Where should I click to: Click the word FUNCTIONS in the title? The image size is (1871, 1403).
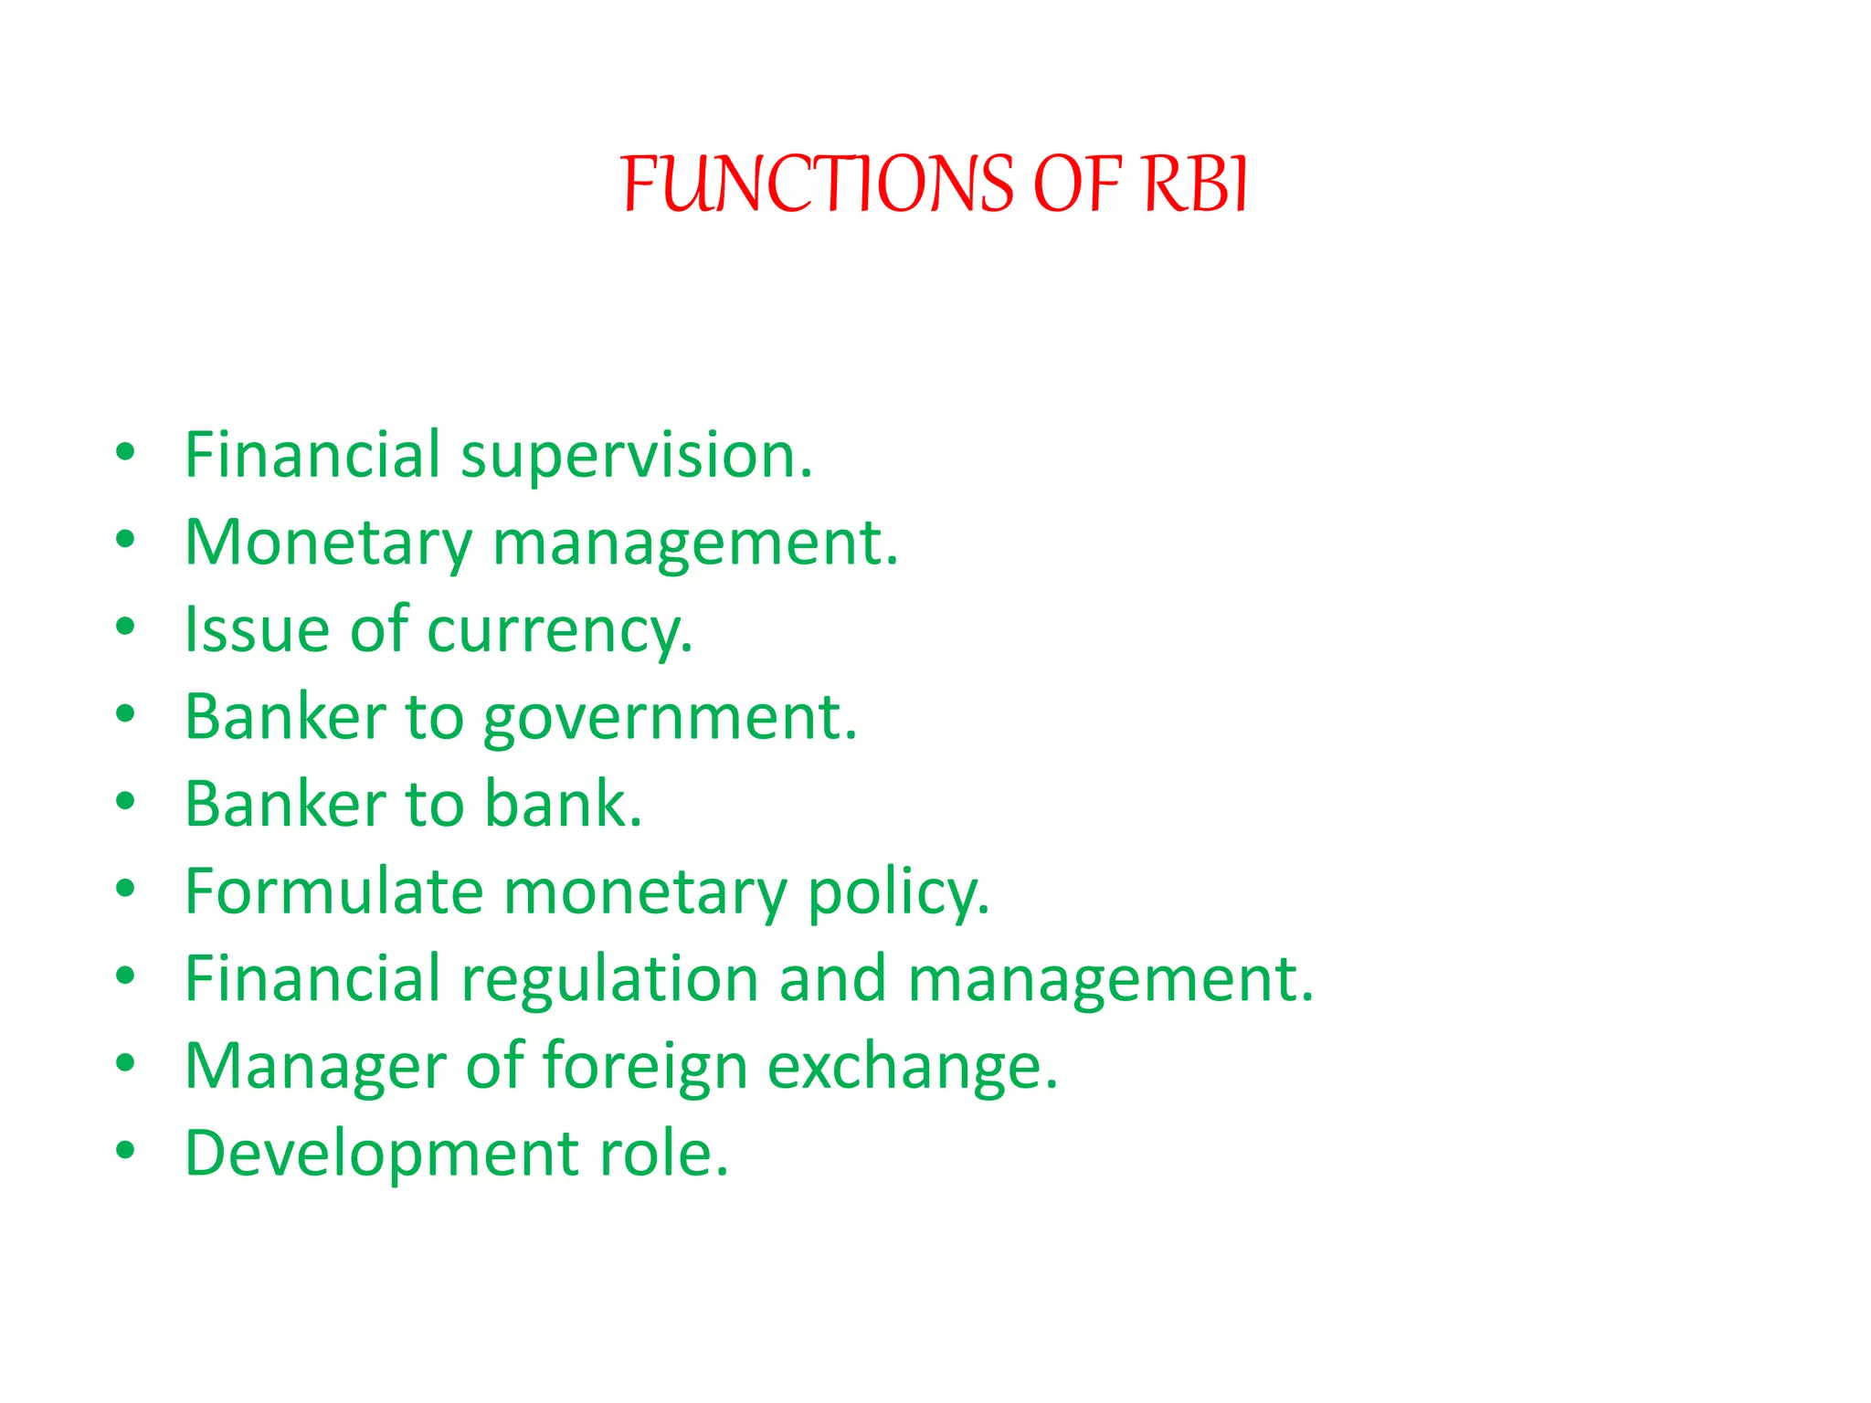[817, 185]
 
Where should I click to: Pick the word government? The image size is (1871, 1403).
[670, 718]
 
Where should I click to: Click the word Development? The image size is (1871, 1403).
[382, 1154]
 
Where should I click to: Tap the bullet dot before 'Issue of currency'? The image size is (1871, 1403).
[126, 627]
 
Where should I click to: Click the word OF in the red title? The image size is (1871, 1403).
[1077, 185]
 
